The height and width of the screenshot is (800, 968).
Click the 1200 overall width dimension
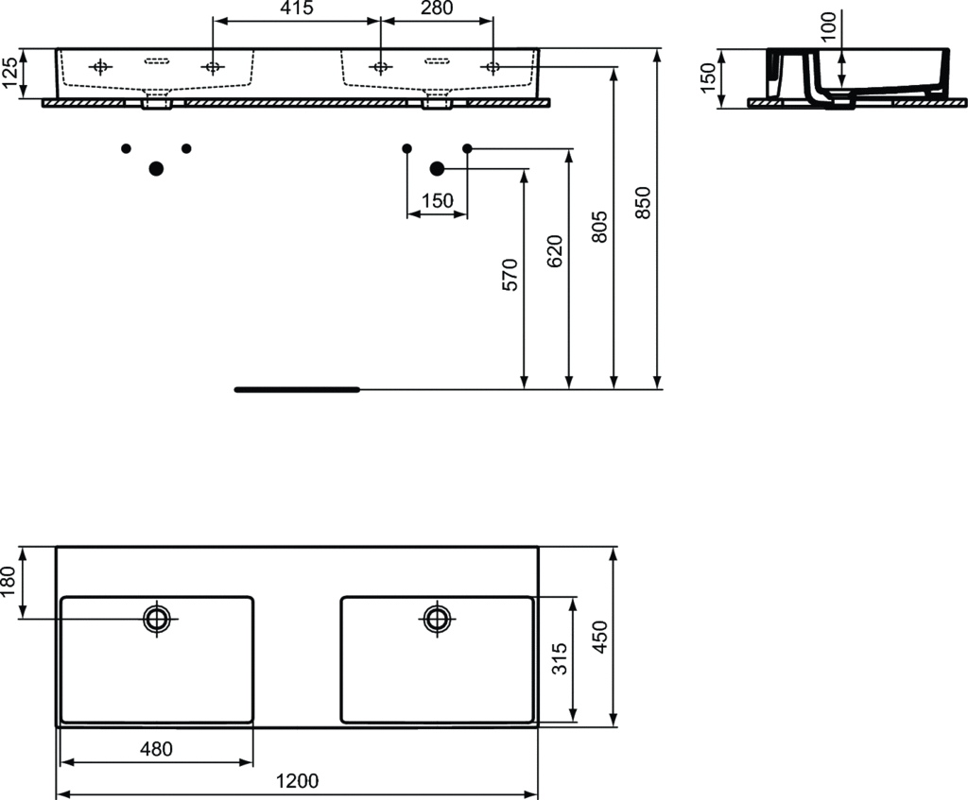pos(297,781)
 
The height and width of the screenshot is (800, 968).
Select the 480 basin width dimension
pos(156,749)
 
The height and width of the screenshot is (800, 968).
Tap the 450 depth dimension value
pos(598,638)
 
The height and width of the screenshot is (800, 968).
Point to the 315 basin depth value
pos(559,658)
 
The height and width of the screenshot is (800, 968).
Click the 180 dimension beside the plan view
pos(8,582)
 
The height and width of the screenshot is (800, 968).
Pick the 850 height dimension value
pos(643,203)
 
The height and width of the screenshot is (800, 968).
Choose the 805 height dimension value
pos(599,227)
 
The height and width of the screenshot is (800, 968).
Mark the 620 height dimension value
pos(555,251)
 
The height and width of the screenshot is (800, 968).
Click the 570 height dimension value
pos(510,275)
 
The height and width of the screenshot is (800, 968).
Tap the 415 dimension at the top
pos(297,8)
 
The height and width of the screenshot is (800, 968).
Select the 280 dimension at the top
pos(437,8)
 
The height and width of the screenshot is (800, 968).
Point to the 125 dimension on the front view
pos(9,74)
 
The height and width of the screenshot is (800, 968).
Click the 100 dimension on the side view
pos(829,26)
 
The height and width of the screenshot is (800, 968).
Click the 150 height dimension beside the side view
pos(708,77)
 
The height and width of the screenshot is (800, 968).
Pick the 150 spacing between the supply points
pos(437,201)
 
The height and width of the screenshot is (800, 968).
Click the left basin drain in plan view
pos(157,618)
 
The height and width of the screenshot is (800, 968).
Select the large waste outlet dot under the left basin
pos(156,168)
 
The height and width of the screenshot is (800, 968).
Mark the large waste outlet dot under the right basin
pos(437,168)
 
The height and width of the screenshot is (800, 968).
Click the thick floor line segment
pos(297,390)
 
